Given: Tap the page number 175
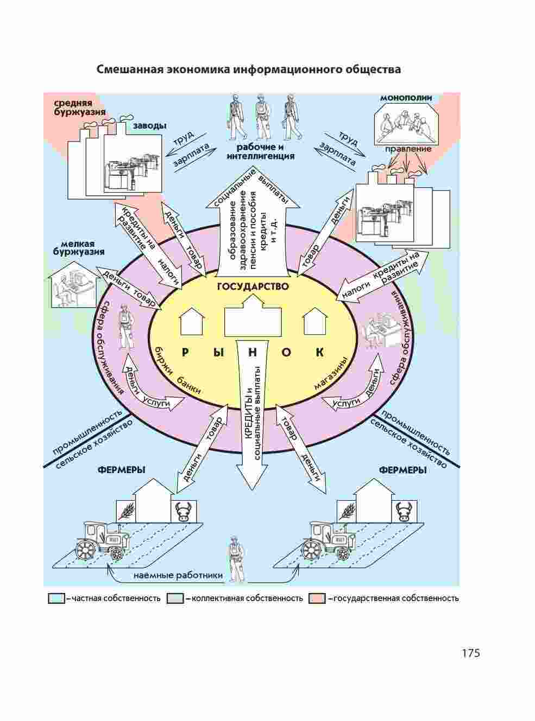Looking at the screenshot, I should tap(471, 653).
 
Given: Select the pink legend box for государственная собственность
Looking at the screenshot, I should tap(317, 598).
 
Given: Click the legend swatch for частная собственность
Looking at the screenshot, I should tap(56, 598).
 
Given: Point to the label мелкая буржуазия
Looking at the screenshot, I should tap(78, 248).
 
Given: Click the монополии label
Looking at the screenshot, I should tap(406, 98).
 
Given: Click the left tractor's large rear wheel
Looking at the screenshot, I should tap(87, 550).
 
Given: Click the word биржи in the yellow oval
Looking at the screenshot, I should tap(163, 360).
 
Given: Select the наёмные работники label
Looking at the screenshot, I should tap(179, 576).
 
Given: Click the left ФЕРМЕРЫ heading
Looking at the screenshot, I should tap(121, 470).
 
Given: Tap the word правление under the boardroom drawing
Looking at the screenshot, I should tap(408, 149).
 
